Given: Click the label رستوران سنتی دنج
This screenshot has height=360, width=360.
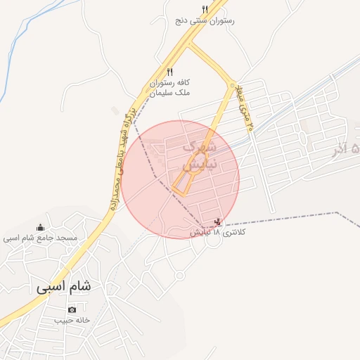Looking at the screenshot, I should coord(205,21).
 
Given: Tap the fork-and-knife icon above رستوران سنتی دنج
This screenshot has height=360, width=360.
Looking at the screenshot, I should coord(205,10).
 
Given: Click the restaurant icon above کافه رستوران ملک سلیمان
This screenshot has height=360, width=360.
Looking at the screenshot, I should coord(169,72).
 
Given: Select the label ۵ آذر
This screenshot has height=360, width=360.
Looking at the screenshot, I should coord(342,150).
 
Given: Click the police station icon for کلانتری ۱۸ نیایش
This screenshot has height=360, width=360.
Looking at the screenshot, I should coord(217,222).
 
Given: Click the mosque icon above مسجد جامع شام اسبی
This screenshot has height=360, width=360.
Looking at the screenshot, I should coord(39,227).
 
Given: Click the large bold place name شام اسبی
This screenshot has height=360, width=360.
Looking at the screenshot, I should coord(64,288).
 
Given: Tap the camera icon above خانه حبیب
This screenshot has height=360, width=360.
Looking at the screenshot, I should coord(72,309).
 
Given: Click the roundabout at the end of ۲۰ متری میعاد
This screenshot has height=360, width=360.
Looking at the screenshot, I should coord(231,86).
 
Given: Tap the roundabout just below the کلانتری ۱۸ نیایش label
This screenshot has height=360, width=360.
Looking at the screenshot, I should coord(213,243).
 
